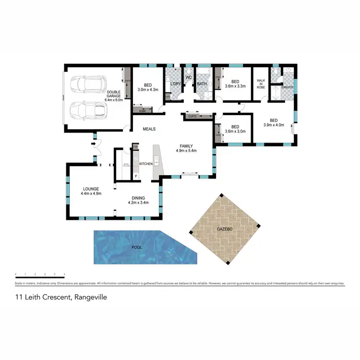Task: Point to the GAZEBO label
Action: point(225,230)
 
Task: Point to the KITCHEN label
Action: point(146,164)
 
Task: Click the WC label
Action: point(189,77)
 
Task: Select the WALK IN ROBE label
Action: point(261,84)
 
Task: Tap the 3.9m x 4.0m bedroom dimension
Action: point(274,125)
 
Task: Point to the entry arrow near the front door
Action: point(94,143)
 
